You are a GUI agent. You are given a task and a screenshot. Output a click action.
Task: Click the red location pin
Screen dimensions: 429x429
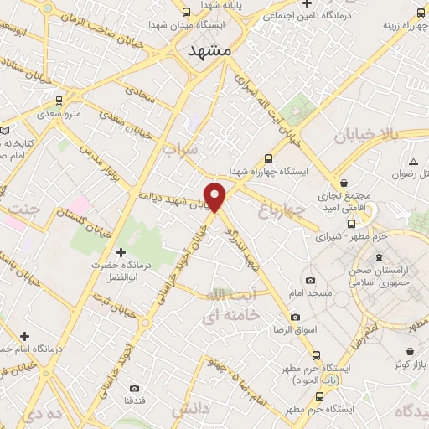(216, 197)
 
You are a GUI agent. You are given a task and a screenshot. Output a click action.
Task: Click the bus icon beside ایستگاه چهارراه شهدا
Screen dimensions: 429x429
(268, 158)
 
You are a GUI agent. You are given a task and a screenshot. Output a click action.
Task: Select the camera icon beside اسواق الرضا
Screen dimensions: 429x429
(295, 317)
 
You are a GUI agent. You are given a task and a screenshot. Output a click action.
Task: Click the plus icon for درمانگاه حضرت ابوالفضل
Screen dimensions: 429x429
(121, 251)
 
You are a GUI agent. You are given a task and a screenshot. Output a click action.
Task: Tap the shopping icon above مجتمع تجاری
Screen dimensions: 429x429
(344, 183)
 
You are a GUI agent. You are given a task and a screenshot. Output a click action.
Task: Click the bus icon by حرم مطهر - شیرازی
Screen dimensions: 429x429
(351, 223)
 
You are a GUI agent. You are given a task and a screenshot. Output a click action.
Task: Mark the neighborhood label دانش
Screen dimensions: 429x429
(188, 409)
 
